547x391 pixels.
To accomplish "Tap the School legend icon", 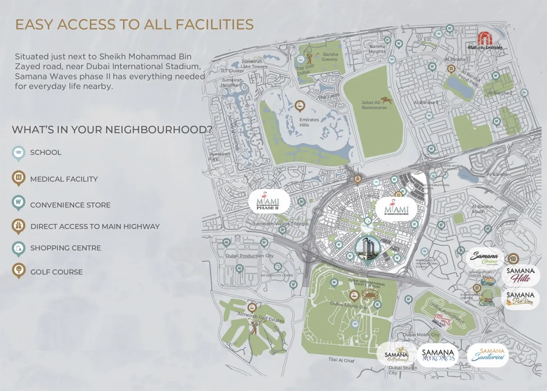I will pyautogui.click(x=19, y=153).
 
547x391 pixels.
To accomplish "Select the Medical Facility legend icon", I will pyautogui.click(x=19, y=178).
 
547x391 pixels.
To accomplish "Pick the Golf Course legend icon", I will pyautogui.click(x=19, y=271).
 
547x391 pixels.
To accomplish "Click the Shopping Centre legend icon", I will pyautogui.click(x=19, y=248).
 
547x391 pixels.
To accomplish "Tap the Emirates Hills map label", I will pyautogui.click(x=309, y=122).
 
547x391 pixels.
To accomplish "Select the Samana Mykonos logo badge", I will pyautogui.click(x=437, y=355).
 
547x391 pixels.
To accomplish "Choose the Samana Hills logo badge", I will pyautogui.click(x=520, y=275).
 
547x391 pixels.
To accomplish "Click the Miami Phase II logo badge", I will pyautogui.click(x=269, y=202).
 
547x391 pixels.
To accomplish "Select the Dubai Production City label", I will pyautogui.click(x=249, y=256).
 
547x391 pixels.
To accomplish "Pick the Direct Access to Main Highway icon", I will pyautogui.click(x=19, y=226).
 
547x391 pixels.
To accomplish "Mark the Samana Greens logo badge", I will pyautogui.click(x=484, y=258).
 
